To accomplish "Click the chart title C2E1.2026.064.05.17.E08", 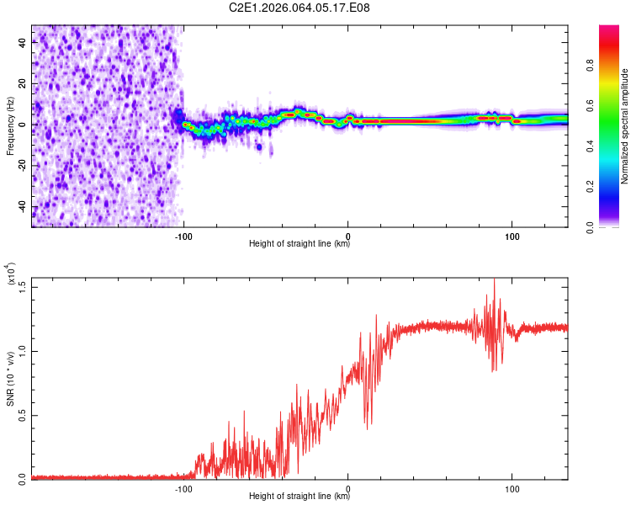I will [x=300, y=8].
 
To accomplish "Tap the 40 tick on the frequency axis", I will [x=22, y=44].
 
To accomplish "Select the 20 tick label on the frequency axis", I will [x=22, y=84].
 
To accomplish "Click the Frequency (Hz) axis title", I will [x=10, y=126].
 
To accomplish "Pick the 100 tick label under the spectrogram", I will [x=512, y=235].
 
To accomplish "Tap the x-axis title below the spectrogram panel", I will [x=300, y=244].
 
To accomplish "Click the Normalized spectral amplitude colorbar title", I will [x=625, y=126].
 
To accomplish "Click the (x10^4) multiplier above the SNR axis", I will [x=11, y=274].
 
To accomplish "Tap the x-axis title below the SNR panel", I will [x=300, y=497].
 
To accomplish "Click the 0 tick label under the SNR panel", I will [x=348, y=487].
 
